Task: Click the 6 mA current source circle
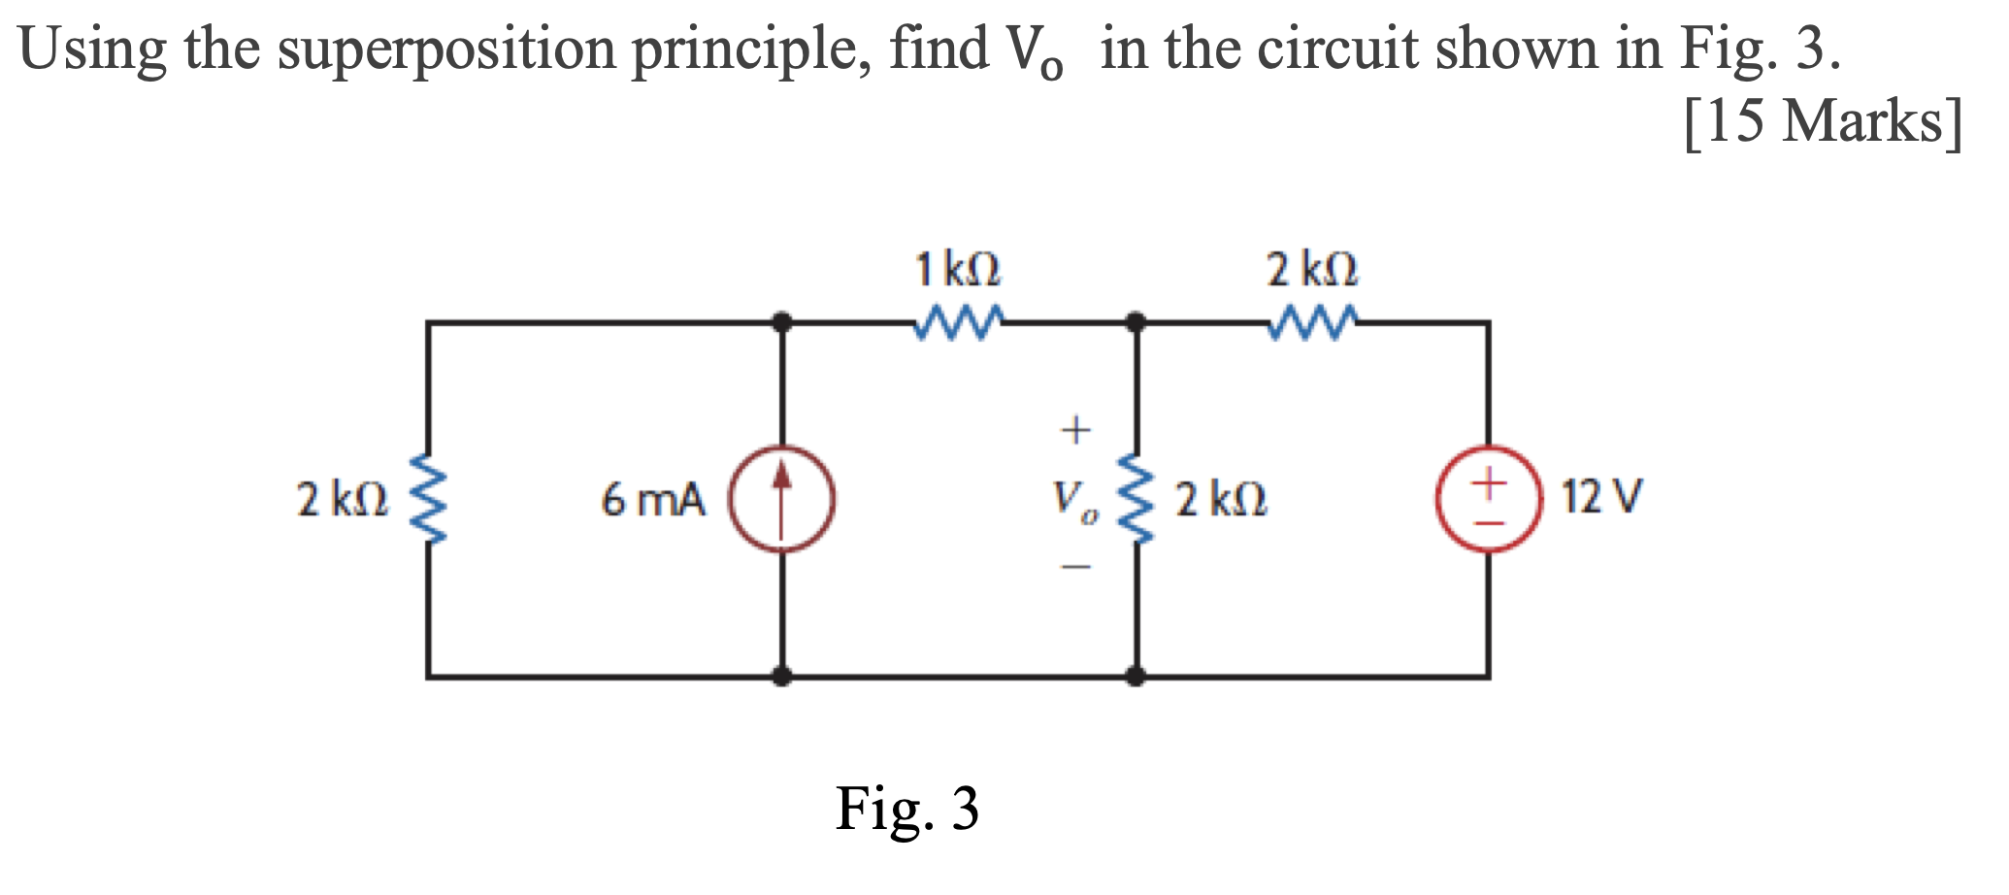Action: point(782,499)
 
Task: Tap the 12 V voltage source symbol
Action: point(1489,499)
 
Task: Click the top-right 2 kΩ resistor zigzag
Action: point(1312,323)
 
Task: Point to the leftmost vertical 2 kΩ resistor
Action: point(428,499)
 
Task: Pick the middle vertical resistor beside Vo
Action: point(1136,499)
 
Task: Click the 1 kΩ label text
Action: point(958,269)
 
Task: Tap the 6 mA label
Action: point(652,501)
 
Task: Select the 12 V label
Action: point(1601,497)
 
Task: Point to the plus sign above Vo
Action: point(1075,428)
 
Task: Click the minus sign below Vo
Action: point(1075,567)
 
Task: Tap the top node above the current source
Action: point(782,322)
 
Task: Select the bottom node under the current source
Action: point(782,676)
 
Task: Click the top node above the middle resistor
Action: point(1136,322)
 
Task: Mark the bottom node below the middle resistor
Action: point(1136,676)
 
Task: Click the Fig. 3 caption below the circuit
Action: point(907,809)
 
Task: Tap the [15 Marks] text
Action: point(1823,123)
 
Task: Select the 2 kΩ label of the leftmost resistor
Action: point(343,500)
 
